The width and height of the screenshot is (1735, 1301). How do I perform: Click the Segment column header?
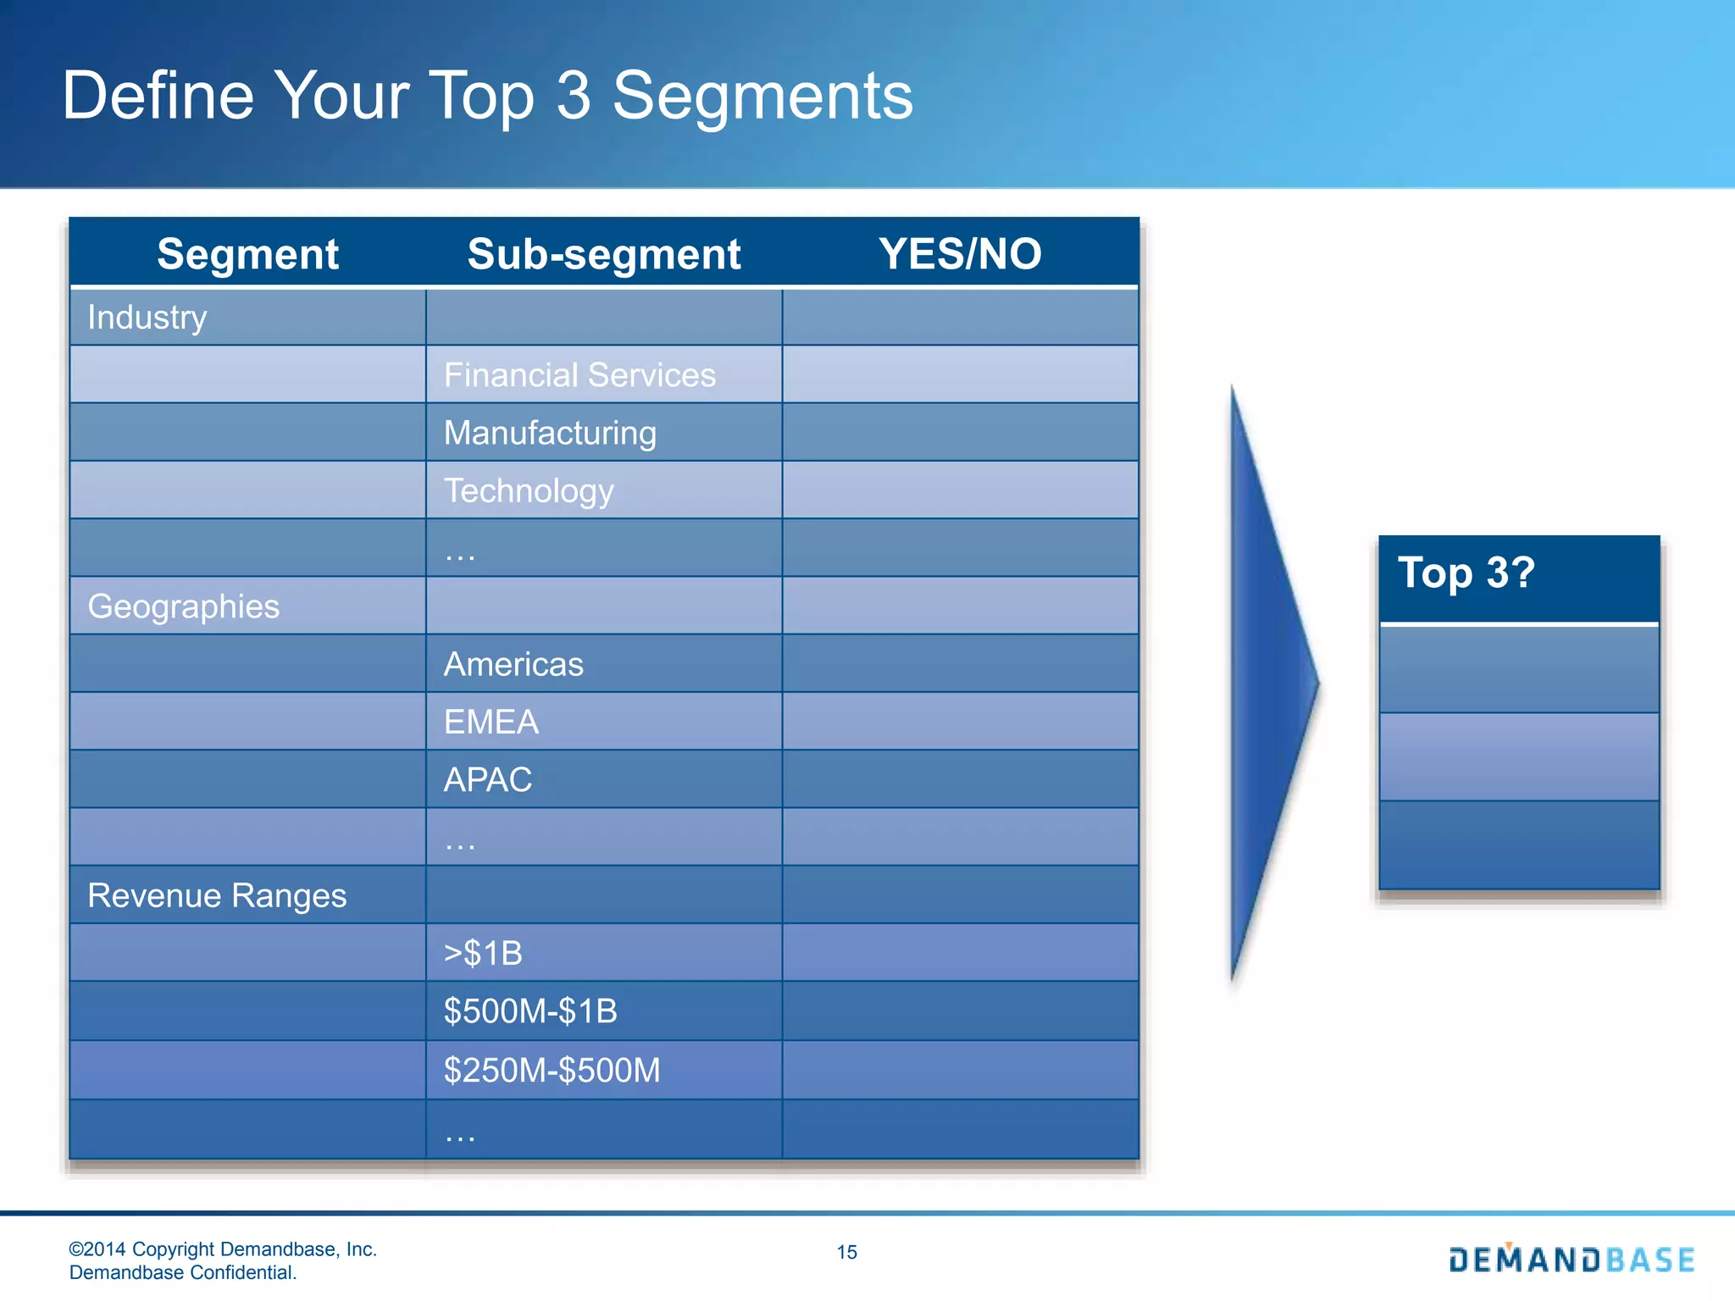click(x=247, y=254)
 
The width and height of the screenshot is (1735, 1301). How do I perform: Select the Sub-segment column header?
click(x=603, y=254)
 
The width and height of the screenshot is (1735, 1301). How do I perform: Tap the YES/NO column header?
click(x=960, y=254)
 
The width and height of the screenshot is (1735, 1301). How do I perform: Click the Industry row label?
click(x=147, y=318)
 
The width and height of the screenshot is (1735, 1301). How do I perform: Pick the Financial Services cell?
click(x=579, y=375)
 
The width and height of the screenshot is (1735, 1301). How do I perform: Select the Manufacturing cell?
click(x=550, y=433)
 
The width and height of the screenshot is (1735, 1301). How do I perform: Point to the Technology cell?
click(x=529, y=490)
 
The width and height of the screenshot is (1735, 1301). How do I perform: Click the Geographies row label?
click(x=183, y=606)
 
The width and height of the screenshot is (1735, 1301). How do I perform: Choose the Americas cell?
click(x=513, y=664)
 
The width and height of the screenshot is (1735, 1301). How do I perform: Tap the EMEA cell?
click(x=491, y=722)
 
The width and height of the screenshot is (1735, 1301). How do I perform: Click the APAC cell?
click(x=488, y=779)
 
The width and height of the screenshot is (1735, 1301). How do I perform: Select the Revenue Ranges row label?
click(x=217, y=895)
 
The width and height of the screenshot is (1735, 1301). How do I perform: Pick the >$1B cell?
click(x=483, y=954)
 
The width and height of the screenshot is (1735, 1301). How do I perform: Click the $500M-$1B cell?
click(x=530, y=1011)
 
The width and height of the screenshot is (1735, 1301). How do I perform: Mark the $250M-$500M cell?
click(x=552, y=1071)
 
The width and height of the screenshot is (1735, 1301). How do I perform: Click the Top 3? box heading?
click(x=1466, y=573)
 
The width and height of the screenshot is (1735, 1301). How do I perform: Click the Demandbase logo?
click(x=1571, y=1259)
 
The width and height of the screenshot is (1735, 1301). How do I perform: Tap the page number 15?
click(x=846, y=1252)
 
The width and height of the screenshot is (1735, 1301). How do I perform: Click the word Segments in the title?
click(x=762, y=96)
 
